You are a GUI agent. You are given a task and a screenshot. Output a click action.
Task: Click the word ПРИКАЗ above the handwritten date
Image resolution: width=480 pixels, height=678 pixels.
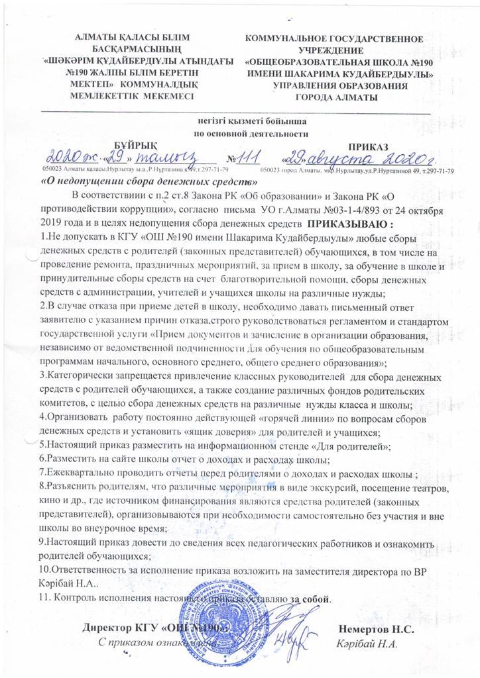tap(369, 145)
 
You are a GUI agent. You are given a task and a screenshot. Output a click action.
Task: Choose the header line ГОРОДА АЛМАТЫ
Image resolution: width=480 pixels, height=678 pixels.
tap(339, 99)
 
